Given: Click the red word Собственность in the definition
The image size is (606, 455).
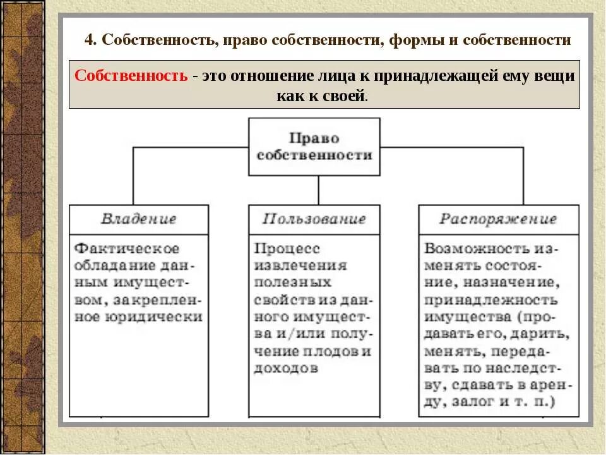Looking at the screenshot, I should pos(131,76).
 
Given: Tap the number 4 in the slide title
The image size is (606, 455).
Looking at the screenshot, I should pos(89,40).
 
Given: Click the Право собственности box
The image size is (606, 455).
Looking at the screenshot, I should pos(314,147).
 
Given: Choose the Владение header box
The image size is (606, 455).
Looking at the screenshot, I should pos(138,219).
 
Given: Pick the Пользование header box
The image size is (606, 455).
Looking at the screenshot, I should pos(314,219).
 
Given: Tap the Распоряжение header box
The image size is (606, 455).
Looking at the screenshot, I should pos(498,219).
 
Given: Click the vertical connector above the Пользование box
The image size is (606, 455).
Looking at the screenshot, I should pos(318,190).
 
